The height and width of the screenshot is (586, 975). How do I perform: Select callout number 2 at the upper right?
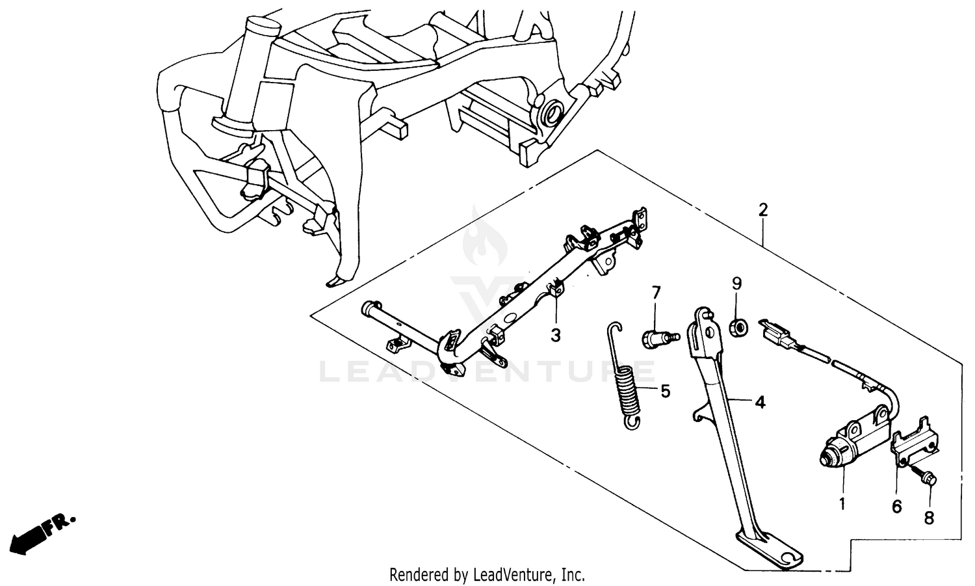click(763, 210)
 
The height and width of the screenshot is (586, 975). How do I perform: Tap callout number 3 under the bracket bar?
click(555, 335)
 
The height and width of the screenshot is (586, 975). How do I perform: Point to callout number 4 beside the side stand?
click(759, 403)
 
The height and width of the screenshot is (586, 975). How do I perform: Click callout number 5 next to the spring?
click(665, 391)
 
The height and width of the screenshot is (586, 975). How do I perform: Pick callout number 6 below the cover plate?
click(897, 506)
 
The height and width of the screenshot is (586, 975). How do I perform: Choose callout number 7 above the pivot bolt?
click(656, 293)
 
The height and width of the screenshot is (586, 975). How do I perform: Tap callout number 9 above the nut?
click(736, 284)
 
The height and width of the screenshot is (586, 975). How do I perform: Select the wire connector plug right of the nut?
click(779, 334)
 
